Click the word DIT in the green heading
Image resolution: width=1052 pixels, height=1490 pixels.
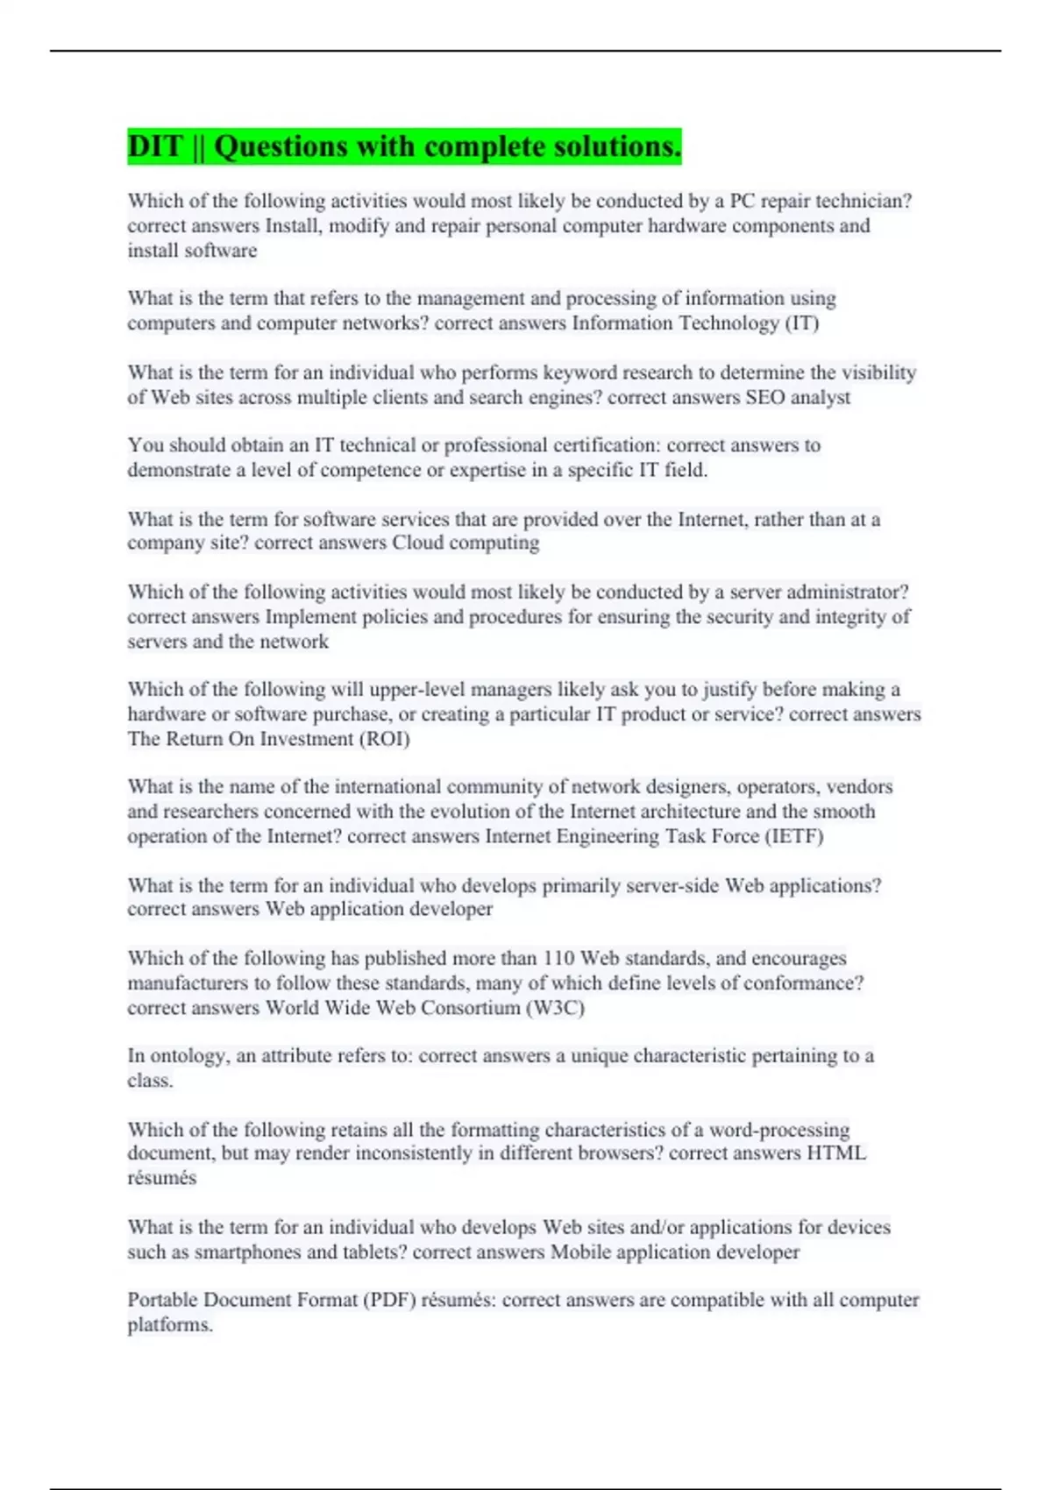(154, 146)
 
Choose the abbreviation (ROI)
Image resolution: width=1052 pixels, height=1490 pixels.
(384, 739)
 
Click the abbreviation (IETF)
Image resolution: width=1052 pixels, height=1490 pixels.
(794, 836)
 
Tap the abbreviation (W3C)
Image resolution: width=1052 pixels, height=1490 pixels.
(555, 1008)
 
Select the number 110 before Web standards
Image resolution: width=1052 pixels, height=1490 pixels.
(558, 958)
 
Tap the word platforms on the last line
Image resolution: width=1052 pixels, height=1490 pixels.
(169, 1325)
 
